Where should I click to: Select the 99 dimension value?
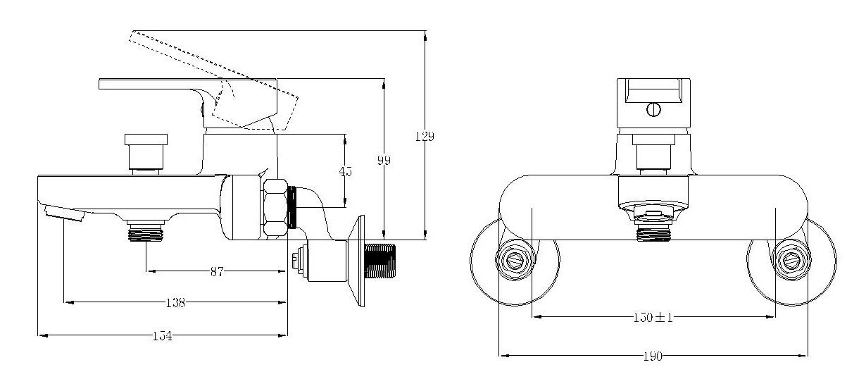click(384, 161)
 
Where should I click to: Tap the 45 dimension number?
click(346, 171)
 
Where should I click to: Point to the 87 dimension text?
click(216, 272)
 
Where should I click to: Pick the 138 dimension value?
click(175, 303)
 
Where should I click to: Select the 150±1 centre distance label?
click(653, 317)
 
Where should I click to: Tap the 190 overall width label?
click(653, 356)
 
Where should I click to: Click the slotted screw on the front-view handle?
click(653, 110)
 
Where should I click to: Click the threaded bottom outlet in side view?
click(146, 232)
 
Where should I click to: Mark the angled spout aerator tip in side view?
click(64, 212)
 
